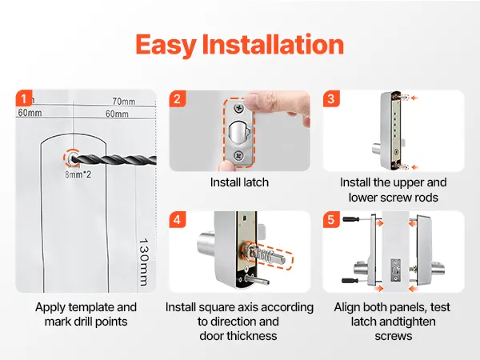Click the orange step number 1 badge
[24, 98]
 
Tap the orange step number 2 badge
[178, 98]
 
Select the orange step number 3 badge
[331, 98]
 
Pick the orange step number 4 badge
[178, 219]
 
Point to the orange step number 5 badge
[331, 219]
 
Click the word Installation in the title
[273, 45]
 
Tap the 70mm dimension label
[124, 101]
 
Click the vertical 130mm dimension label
[143, 262]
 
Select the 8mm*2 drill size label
[78, 174]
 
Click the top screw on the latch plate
[238, 108]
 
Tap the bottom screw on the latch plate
[238, 156]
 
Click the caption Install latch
[239, 182]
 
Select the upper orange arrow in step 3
[414, 98]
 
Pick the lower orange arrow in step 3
[414, 167]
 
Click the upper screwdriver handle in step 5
[351, 219]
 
